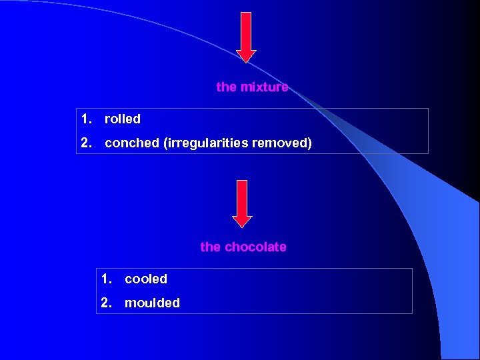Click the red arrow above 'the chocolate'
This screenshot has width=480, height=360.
click(x=242, y=203)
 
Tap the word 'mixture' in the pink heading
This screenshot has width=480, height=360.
click(x=265, y=87)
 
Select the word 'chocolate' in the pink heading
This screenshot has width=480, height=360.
click(x=255, y=247)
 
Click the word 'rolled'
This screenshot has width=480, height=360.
click(x=123, y=119)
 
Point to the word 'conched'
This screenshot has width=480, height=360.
click(x=131, y=143)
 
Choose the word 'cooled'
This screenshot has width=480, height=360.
click(x=146, y=279)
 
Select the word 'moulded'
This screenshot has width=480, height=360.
click(x=152, y=303)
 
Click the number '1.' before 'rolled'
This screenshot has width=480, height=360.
click(x=87, y=119)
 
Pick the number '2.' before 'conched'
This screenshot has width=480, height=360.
click(x=87, y=143)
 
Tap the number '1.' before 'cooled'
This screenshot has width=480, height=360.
click(x=107, y=279)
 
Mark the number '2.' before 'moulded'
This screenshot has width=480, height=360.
click(x=107, y=303)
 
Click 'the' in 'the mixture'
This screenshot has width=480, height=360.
click(x=226, y=87)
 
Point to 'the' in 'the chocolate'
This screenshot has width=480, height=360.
click(x=210, y=247)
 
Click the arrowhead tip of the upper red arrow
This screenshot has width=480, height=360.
click(x=246, y=61)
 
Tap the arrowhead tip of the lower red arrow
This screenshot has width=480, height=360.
click(x=242, y=226)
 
